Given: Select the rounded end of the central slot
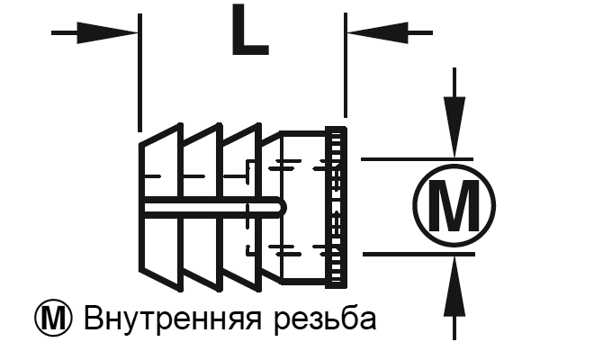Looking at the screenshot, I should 278,207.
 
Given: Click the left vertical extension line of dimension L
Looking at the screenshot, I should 139,72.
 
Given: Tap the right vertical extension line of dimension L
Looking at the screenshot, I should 345,72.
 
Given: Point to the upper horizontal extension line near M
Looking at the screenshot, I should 405,158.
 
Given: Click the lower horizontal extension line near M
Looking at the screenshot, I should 405,255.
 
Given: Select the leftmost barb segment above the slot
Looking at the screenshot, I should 162,166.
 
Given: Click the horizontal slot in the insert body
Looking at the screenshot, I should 207,207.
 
